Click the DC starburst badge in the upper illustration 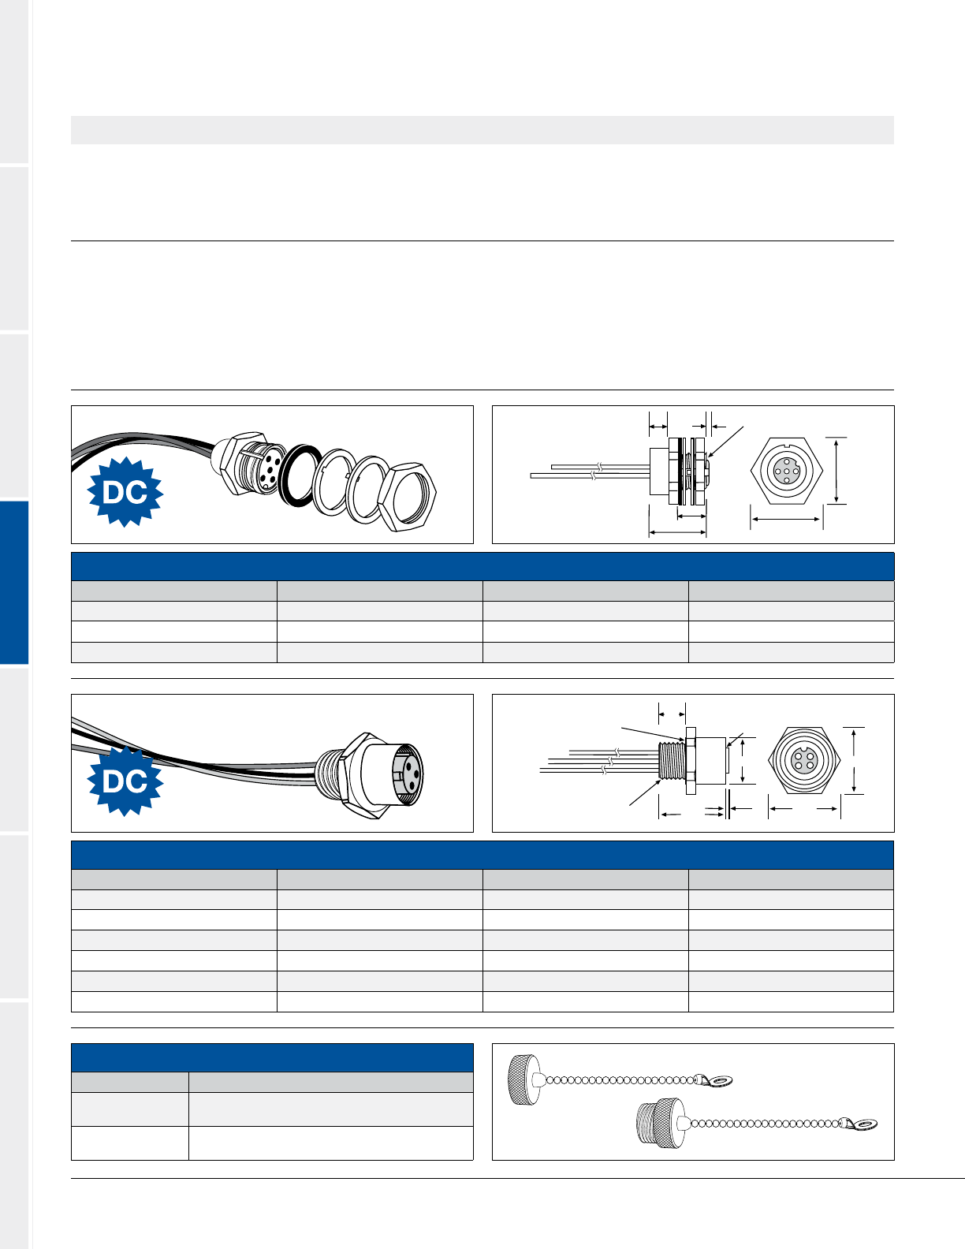point(125,492)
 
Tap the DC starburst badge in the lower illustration point(125,781)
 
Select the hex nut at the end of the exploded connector point(407,496)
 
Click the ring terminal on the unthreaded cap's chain point(717,1079)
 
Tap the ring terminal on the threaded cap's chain point(863,1123)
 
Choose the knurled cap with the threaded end point(659,1123)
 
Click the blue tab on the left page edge point(14,583)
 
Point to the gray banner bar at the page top point(482,130)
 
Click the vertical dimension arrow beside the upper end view point(838,470)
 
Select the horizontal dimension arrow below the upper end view point(787,519)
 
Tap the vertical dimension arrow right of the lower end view point(855,761)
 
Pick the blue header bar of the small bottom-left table point(272,1057)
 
